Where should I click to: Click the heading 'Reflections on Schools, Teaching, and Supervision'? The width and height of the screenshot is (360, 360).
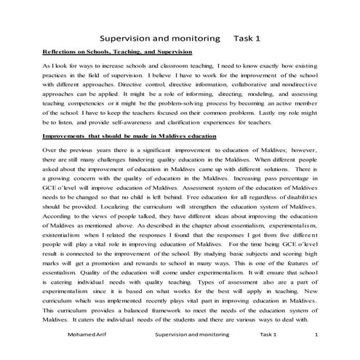click(x=117, y=52)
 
